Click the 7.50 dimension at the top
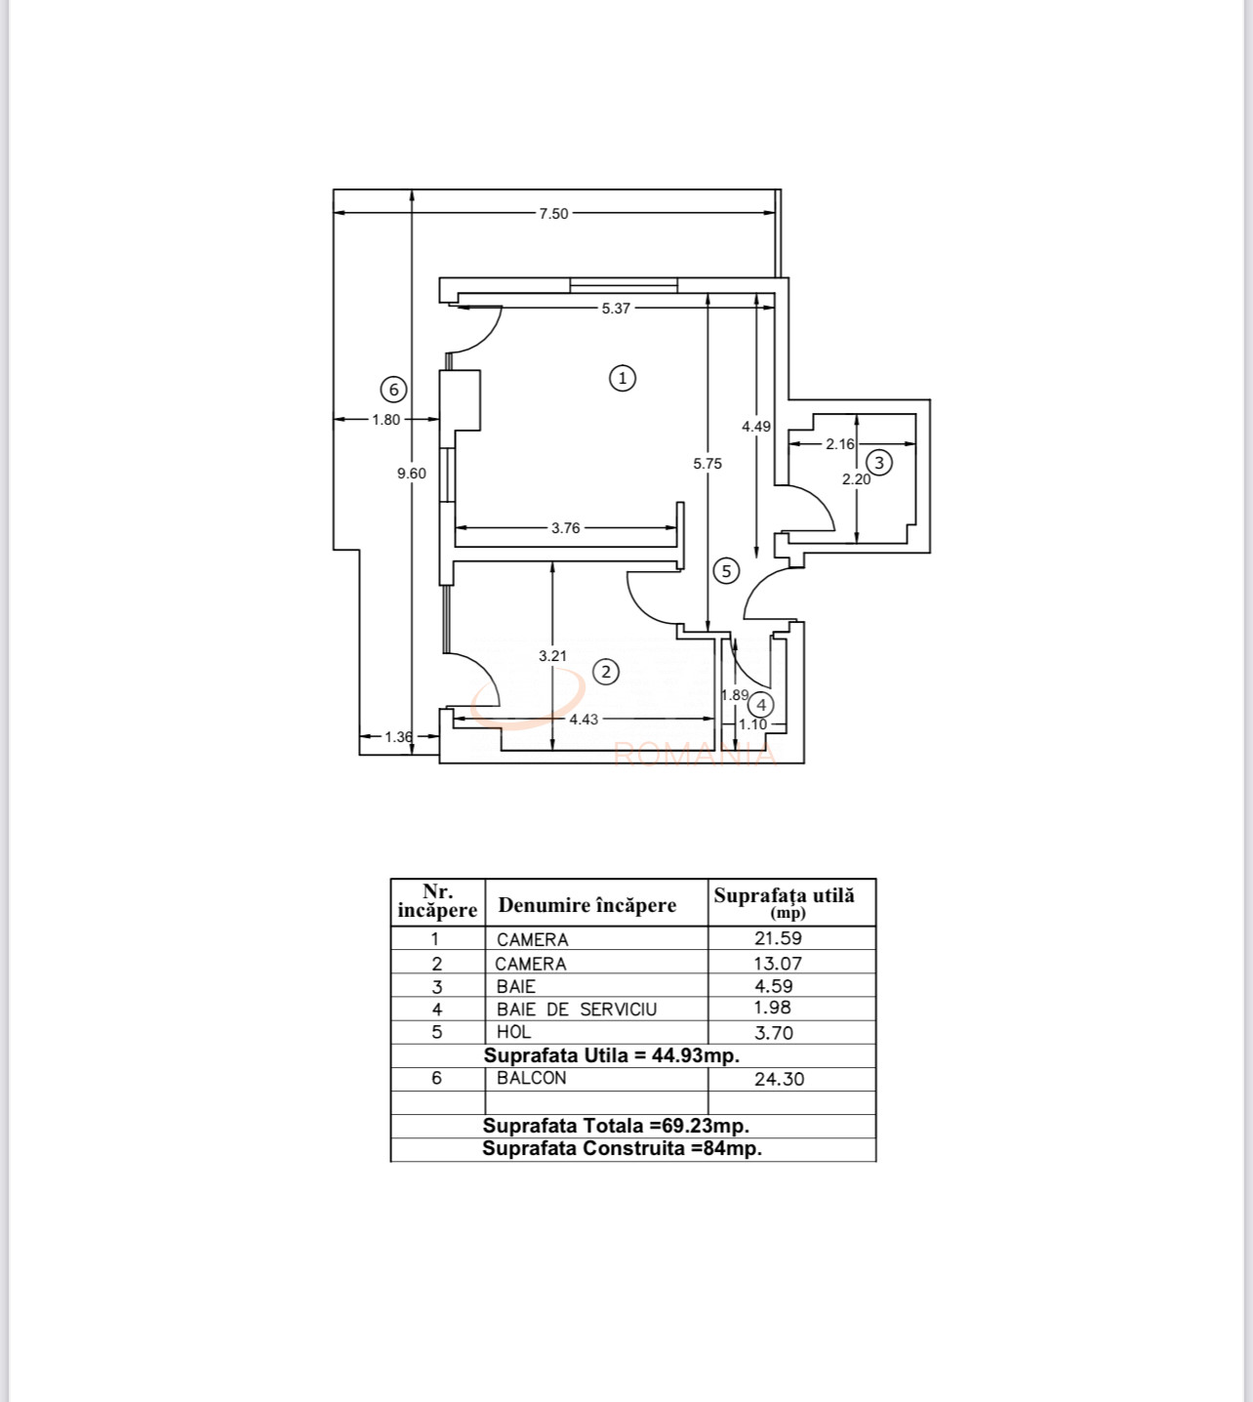pos(553,214)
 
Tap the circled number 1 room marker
pos(623,378)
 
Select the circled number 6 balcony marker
pos(393,390)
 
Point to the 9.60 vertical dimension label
pos(411,474)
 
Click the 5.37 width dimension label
pos(616,309)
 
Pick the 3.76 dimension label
pos(565,528)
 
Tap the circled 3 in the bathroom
pos(879,462)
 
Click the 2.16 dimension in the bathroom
pos(839,444)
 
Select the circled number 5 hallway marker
pos(726,571)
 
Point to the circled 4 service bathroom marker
pos(761,704)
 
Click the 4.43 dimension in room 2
pos(584,720)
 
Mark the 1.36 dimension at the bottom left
pos(398,737)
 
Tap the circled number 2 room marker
pos(606,672)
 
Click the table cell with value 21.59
pos(779,938)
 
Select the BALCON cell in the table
pos(531,1078)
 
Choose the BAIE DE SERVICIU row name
pos(576,1010)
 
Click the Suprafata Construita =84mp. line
pos(622,1149)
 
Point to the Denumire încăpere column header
pos(586,905)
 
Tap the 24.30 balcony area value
pos(779,1079)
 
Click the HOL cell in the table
pos(513,1032)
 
